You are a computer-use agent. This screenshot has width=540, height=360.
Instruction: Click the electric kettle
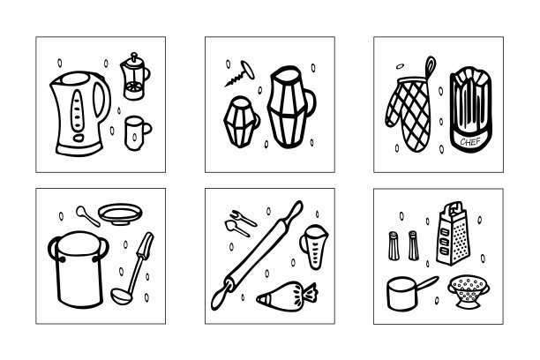79,114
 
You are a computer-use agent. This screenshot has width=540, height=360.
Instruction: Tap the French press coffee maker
134,77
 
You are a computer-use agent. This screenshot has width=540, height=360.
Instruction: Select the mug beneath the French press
137,133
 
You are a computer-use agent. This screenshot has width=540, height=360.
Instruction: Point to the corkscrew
240,73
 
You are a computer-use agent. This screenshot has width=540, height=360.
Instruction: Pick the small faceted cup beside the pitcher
241,122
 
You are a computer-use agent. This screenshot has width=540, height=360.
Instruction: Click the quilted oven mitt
409,114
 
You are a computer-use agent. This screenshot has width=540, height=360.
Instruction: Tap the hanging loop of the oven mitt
431,66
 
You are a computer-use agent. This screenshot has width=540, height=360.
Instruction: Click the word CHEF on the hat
470,141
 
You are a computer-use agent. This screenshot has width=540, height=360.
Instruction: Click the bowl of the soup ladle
121,296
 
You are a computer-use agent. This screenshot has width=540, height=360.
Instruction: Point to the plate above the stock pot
120,214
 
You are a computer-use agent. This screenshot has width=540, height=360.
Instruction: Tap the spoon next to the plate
87,215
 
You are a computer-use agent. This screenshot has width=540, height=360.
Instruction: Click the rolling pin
257,255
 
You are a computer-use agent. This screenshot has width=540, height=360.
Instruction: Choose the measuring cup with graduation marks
314,246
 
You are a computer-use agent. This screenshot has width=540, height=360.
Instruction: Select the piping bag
287,296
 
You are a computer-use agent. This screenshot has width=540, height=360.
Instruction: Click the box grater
453,234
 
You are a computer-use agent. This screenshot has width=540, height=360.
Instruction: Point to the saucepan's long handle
426,283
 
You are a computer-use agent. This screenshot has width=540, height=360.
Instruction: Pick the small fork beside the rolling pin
244,218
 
